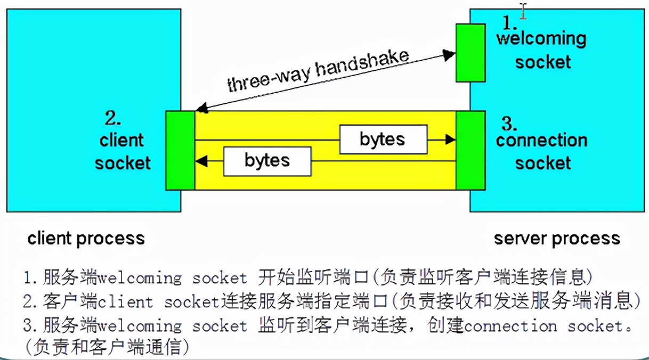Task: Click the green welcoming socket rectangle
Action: point(470,52)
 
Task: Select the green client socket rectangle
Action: point(180,150)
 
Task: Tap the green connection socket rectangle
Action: point(470,150)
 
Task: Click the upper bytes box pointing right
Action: point(383,140)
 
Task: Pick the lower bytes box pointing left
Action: point(267,161)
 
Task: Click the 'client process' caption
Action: point(86,238)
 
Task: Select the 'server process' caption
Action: point(557,238)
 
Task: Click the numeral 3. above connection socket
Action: point(509,124)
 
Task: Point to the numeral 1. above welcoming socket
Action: point(510,22)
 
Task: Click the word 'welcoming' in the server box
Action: point(541,39)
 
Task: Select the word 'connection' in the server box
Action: point(541,141)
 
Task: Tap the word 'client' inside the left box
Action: point(121,141)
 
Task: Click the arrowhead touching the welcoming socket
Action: point(450,53)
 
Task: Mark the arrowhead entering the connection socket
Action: point(451,140)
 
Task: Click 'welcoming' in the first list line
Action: point(141,278)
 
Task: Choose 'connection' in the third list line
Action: point(510,326)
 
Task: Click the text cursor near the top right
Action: point(524,11)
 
